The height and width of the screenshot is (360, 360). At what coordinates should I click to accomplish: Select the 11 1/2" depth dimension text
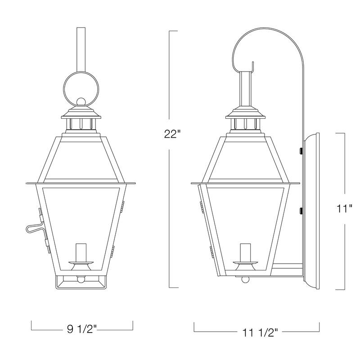pyautogui.click(x=256, y=333)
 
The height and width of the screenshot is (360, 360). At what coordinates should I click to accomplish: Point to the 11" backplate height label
pyautogui.click(x=345, y=209)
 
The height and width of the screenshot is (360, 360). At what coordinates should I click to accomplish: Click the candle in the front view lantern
pyautogui.click(x=82, y=253)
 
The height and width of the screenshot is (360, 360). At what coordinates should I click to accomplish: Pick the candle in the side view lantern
pyautogui.click(x=245, y=253)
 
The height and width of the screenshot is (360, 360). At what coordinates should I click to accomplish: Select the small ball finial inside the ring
pyautogui.click(x=81, y=102)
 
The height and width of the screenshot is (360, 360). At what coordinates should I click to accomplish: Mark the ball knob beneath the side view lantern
pyautogui.click(x=245, y=279)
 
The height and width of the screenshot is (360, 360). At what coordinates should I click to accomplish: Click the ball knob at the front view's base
pyautogui.click(x=81, y=279)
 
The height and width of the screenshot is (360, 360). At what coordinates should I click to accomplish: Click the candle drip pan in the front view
pyautogui.click(x=82, y=262)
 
